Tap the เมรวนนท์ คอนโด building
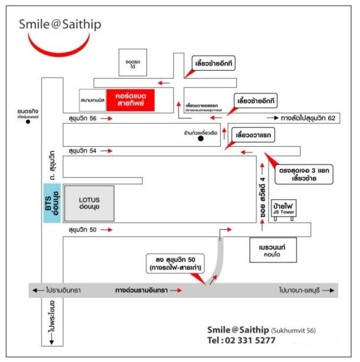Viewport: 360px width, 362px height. pos(272,243)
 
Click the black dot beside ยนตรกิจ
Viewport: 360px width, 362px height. pos(28,124)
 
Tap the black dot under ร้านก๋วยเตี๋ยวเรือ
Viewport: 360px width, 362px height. pos(200,140)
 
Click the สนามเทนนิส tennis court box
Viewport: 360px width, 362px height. pos(93,100)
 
